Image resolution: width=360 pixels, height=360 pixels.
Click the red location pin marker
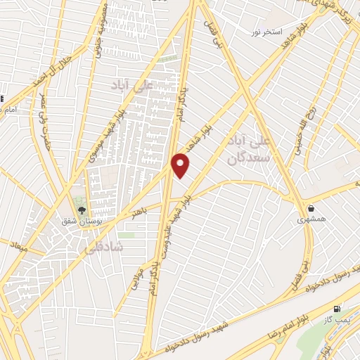pos(181,165)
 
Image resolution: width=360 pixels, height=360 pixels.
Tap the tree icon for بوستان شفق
pos(80,209)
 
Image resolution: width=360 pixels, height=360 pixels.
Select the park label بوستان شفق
pos(89,221)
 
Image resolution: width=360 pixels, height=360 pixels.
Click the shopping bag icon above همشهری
pos(311,208)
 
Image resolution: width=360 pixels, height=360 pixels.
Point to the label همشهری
pos(311,219)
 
